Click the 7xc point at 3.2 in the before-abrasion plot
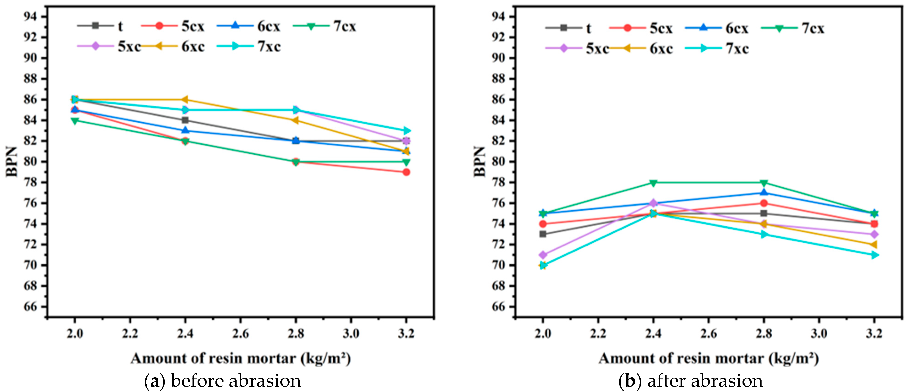[406, 131]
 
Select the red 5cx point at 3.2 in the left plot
[406, 172]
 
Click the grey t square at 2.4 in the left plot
[185, 120]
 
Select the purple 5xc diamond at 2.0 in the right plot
[543, 255]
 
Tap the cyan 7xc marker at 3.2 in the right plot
[874, 255]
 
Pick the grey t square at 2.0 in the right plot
[543, 234]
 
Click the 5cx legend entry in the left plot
[173, 26]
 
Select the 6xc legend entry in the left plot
[173, 47]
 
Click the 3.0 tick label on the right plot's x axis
[819, 333]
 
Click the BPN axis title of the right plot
[480, 162]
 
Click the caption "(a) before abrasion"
[223, 381]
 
